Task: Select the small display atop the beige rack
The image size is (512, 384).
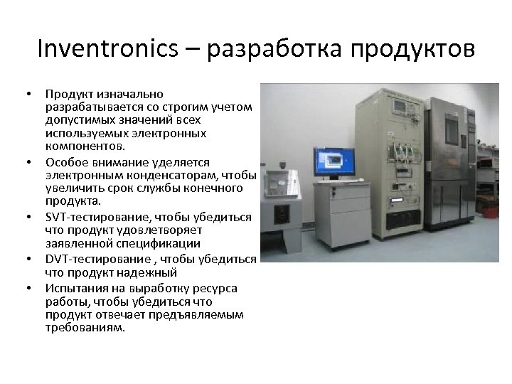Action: coord(400,107)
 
